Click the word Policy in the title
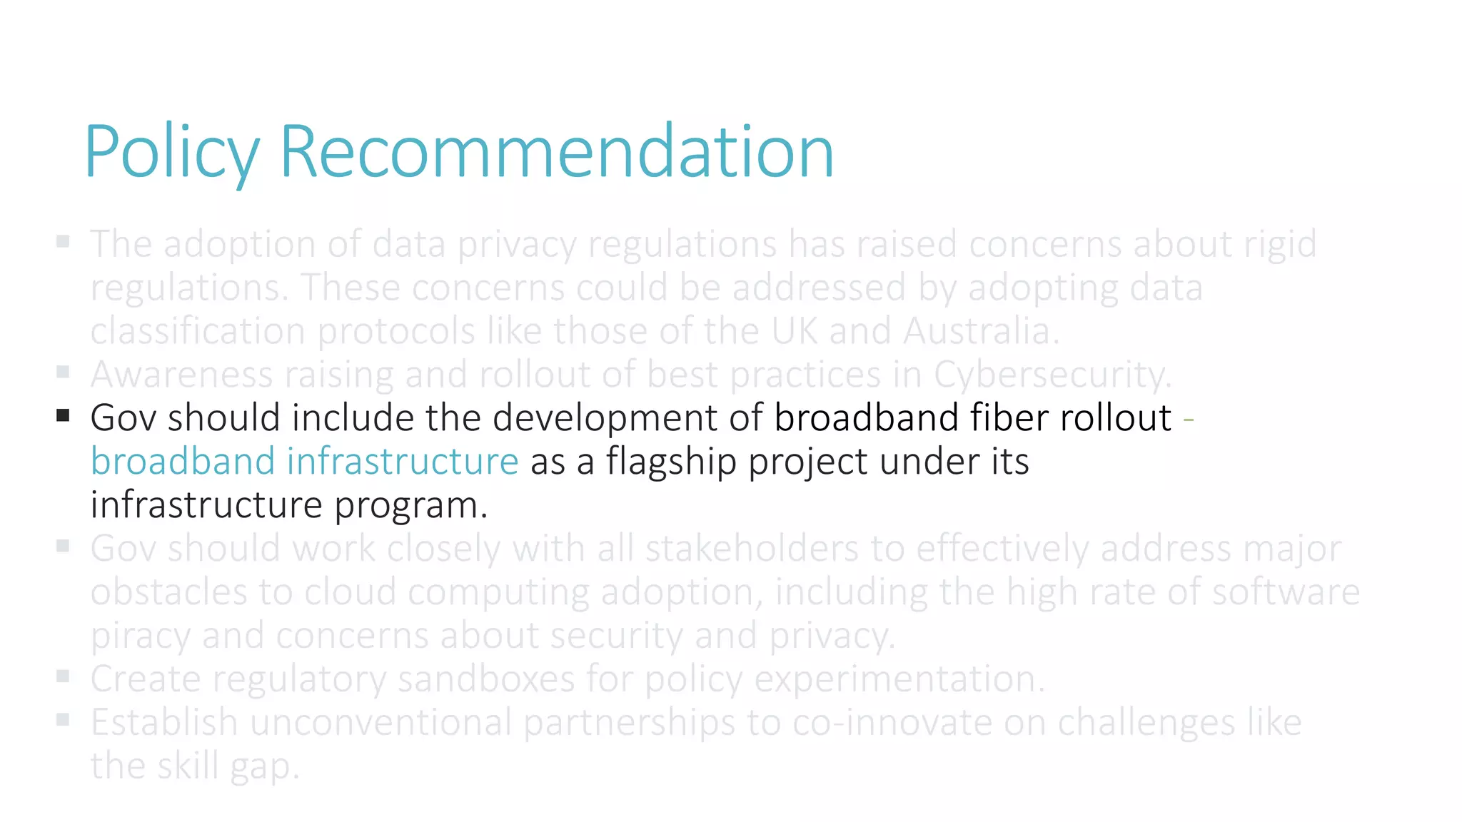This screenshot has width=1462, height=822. pos(171,151)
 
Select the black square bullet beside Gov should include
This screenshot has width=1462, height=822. pos(63,415)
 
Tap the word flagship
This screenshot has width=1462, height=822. pos(671,462)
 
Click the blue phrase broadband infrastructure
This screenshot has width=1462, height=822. pos(304,462)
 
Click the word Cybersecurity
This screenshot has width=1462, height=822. pos(1052,375)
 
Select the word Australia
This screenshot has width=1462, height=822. pos(980,332)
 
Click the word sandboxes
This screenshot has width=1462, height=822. pos(485,679)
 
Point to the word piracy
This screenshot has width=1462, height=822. pos(140,636)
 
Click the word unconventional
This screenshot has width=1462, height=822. pos(380,723)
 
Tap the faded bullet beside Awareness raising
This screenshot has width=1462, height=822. pos(63,372)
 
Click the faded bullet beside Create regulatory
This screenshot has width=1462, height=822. pos(63,676)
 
